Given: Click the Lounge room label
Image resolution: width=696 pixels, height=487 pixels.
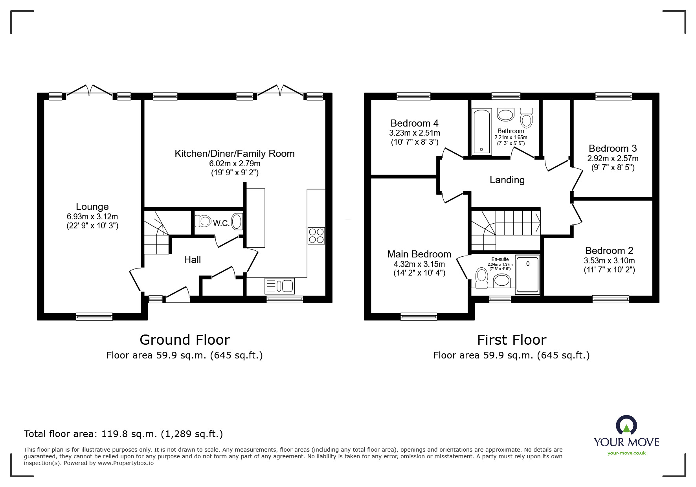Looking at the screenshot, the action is point(92,206).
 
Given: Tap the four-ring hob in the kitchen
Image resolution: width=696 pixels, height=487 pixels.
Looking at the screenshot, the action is point(316,235).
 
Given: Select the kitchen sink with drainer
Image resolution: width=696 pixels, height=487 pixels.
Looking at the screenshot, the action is point(280,286).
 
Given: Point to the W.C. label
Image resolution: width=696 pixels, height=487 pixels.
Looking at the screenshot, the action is point(221,223).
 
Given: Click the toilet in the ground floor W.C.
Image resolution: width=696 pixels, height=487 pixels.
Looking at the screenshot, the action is point(203,221).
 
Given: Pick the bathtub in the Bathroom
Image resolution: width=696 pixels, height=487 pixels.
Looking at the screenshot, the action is point(481,132).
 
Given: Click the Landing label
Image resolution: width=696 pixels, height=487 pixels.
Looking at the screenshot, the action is point(507,180).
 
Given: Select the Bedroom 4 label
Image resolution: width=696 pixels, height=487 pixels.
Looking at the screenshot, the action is point(414,123).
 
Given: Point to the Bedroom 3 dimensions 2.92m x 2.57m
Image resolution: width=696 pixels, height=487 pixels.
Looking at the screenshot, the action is point(613,158).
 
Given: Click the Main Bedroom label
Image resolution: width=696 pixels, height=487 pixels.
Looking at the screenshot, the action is point(419,254).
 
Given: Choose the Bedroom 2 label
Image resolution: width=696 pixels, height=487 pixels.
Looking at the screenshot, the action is point(609,250).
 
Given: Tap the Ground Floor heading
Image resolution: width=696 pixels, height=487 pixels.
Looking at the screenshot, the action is point(185,340).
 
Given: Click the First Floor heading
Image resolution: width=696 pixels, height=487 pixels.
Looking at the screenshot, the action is point(512,340).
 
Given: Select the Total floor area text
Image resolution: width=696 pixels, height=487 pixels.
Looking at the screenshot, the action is point(123,434).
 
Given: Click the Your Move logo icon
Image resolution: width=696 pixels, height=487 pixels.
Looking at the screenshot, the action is point(626,426).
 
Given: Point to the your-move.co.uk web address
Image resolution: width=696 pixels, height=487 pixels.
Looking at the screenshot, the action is point(626,453).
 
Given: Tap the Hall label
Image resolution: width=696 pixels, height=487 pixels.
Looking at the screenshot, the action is point(193,259).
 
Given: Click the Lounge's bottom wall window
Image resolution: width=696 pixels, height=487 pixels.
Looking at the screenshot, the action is point(94,316).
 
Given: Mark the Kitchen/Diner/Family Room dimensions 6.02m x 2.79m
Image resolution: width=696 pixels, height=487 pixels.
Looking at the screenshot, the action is point(235,164).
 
